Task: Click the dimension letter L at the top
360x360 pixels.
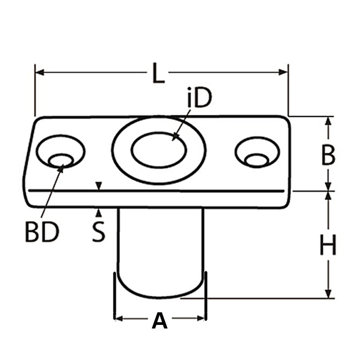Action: [x=157, y=73]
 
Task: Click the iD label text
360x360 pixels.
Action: [x=199, y=99]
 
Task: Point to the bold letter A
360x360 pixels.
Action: [x=159, y=321]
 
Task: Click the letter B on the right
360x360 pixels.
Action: [x=328, y=156]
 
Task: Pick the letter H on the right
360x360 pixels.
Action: [x=328, y=246]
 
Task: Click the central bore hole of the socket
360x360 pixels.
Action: [x=158, y=149]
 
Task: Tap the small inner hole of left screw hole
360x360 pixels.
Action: [x=61, y=160]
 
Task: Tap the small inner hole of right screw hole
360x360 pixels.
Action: [x=257, y=160]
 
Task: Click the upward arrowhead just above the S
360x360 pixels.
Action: [x=99, y=211]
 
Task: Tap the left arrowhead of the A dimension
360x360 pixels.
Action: [x=119, y=318]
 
